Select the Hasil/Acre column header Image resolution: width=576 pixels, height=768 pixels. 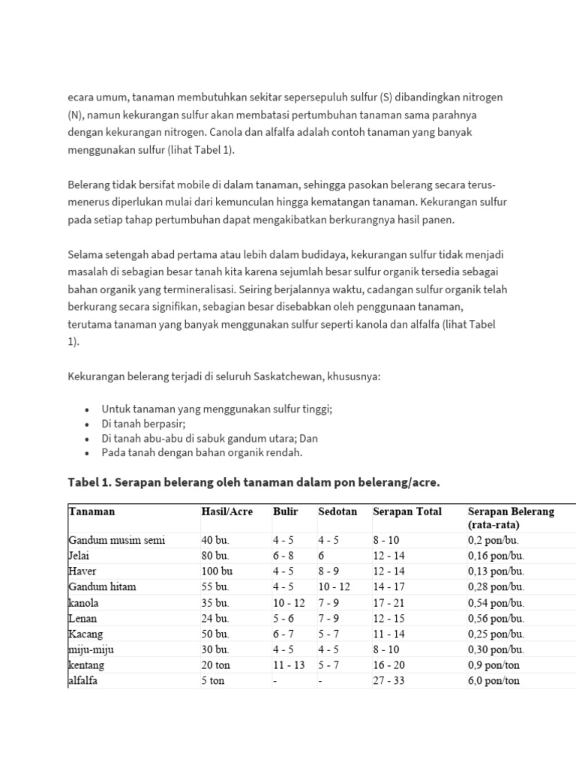226,511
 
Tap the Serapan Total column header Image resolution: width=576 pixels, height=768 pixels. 407,511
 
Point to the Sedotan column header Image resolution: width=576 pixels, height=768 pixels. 337,511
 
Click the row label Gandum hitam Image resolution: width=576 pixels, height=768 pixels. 102,586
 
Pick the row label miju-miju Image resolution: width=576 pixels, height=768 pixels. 91,649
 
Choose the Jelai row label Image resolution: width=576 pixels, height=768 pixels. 79,555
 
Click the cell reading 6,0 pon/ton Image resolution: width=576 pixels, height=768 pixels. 493,681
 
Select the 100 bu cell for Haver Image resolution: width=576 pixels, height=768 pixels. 217,571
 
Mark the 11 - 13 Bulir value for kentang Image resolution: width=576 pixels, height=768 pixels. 289,665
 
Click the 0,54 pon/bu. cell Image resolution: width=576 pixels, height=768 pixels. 496,602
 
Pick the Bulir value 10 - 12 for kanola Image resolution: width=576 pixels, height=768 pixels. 289,602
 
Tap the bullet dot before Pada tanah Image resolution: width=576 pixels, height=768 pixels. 88,454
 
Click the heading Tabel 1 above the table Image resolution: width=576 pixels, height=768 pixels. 253,482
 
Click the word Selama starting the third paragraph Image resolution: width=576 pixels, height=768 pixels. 85,255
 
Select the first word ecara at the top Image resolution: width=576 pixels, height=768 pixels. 82,97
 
